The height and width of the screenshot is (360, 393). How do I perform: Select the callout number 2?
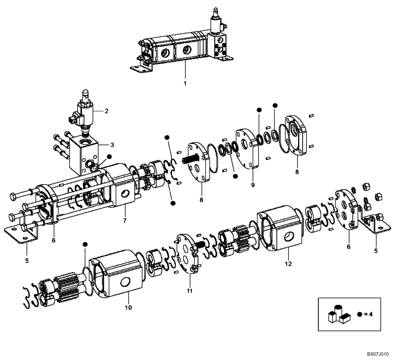(106, 111)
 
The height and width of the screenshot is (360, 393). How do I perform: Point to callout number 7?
(125, 220)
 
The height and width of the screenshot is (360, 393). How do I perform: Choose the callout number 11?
(189, 291)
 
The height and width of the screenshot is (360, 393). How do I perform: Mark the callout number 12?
(288, 264)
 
